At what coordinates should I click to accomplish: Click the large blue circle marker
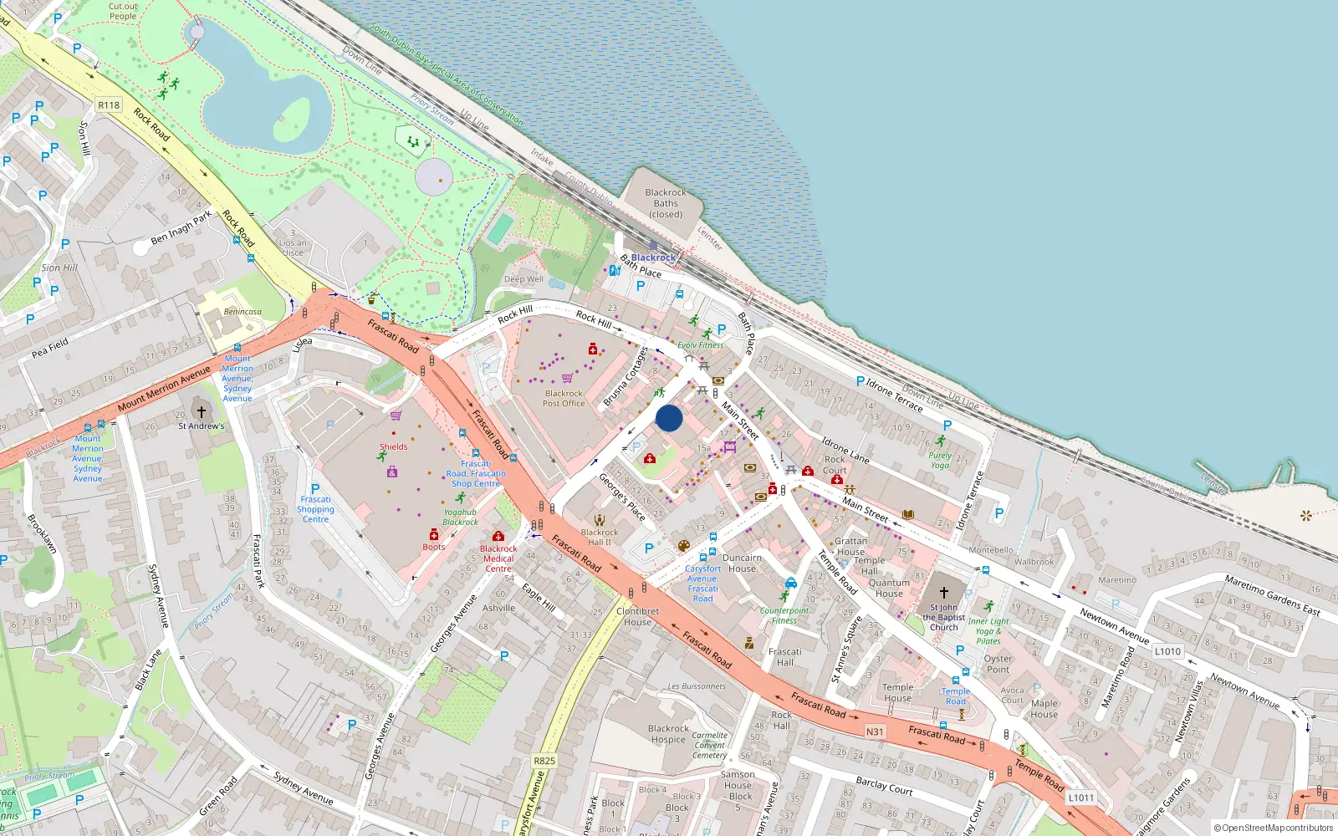[669, 418]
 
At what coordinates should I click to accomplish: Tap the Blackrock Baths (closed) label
[666, 203]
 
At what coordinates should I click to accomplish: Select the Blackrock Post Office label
[564, 398]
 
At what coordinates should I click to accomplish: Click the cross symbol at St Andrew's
[201, 411]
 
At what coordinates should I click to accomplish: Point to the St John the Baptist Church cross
[944, 592]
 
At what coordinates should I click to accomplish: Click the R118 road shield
[109, 105]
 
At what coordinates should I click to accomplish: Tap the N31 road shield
[875, 731]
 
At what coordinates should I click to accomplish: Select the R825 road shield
[544, 761]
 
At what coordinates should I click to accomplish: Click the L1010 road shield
[1167, 651]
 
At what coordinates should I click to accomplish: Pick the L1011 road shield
[1080, 798]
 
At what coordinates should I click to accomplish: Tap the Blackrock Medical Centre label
[498, 558]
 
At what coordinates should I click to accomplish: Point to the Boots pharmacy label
[433, 547]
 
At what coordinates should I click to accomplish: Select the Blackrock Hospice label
[668, 734]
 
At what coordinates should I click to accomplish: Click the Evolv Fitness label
[701, 344]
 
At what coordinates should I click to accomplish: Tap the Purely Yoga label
[940, 461]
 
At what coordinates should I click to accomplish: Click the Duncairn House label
[742, 563]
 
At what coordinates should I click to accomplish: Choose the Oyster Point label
[998, 664]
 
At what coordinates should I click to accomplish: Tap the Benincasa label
[243, 312]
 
